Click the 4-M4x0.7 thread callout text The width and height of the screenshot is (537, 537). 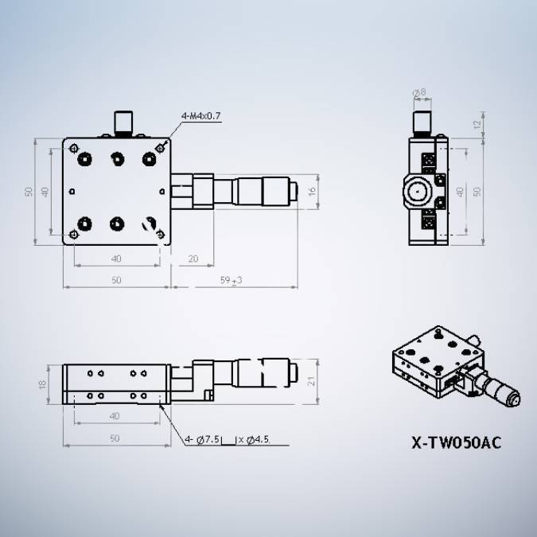pyautogui.click(x=201, y=116)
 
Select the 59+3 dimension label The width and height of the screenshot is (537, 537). pyautogui.click(x=230, y=280)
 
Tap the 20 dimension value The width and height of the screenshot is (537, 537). pyautogui.click(x=193, y=259)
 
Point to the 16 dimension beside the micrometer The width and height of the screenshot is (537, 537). pyautogui.click(x=313, y=191)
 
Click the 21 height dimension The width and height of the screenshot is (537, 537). pyautogui.click(x=313, y=381)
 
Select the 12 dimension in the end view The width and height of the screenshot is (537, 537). pyautogui.click(x=477, y=125)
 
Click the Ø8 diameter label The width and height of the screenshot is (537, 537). pyautogui.click(x=419, y=92)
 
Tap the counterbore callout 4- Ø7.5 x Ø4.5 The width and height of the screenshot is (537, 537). pyautogui.click(x=228, y=438)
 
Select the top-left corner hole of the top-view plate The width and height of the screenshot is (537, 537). pyautogui.click(x=74, y=148)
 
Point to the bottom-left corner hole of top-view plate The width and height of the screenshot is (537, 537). pyautogui.click(x=74, y=234)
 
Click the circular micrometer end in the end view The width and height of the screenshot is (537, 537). pyautogui.click(x=415, y=192)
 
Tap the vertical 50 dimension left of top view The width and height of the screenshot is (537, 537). pyautogui.click(x=29, y=192)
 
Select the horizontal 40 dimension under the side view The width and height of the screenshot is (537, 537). pyautogui.click(x=115, y=416)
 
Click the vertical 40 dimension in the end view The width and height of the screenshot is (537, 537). pyautogui.click(x=460, y=192)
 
